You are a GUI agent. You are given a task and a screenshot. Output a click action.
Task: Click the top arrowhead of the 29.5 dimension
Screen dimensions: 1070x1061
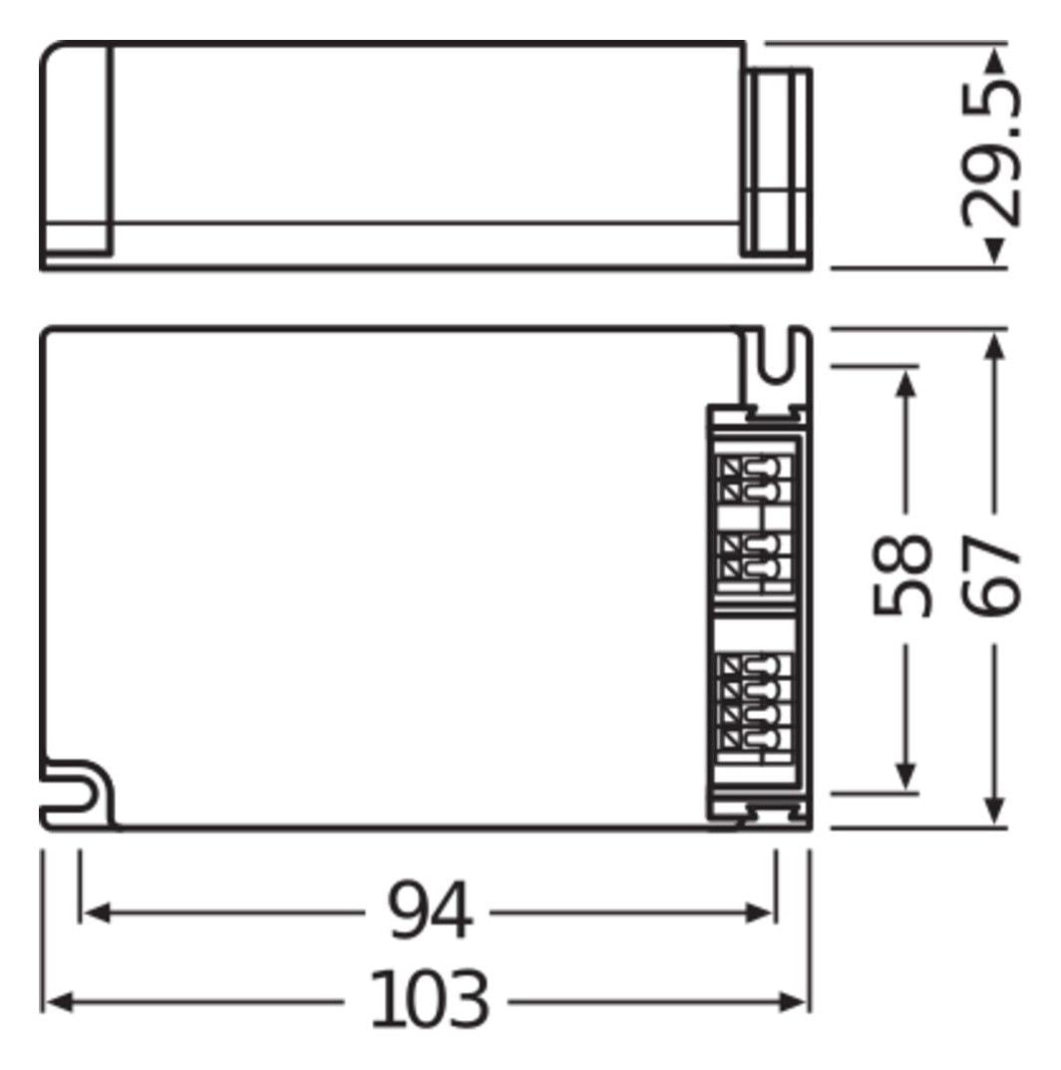pos(993,61)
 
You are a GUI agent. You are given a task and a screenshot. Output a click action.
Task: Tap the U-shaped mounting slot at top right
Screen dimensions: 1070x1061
pos(779,362)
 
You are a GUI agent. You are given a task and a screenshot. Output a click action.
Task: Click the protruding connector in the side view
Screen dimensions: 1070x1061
pos(780,160)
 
